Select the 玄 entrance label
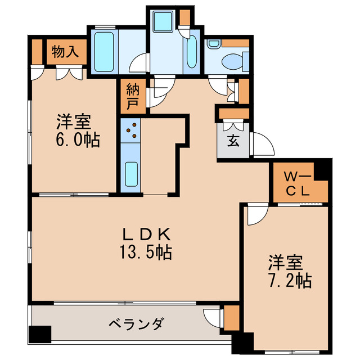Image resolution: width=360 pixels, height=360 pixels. click(x=232, y=140)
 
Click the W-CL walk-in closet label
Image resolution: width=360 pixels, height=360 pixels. click(x=298, y=182)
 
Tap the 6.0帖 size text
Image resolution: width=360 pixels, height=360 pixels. click(x=77, y=139)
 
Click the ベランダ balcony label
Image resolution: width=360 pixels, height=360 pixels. click(x=136, y=324)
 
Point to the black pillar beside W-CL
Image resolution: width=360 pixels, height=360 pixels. click(x=322, y=169)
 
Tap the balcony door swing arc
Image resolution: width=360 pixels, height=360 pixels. click(x=213, y=318)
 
